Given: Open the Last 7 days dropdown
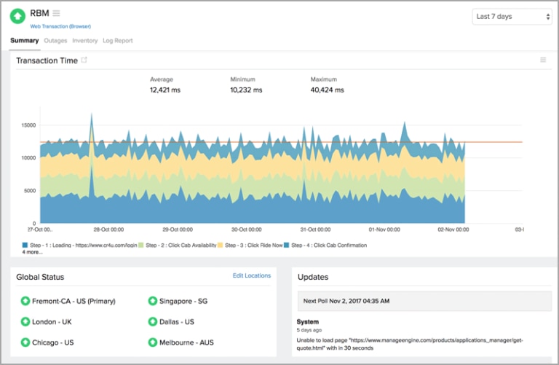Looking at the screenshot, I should coord(512,16).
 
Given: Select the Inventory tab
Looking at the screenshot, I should coord(84,41).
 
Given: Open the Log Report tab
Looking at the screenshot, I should coord(118,41).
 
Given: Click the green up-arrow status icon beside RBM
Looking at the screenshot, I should coord(17,16).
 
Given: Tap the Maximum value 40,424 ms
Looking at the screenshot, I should coord(327,90).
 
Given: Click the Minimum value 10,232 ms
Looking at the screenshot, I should coord(246,90).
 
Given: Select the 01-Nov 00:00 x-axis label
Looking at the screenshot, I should coord(384,229).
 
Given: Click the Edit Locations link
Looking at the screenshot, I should coord(251,275).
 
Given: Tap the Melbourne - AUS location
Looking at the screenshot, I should coord(186,342).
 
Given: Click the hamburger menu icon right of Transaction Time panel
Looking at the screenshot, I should coord(543,60).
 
